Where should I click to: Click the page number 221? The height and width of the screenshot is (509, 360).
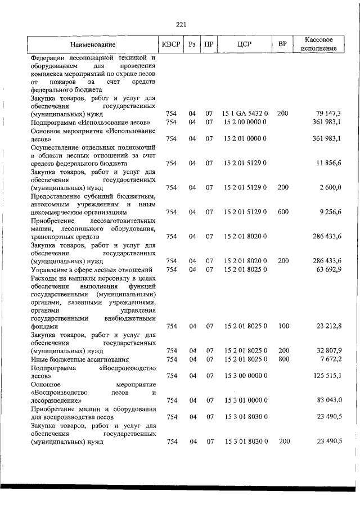pos(180,24)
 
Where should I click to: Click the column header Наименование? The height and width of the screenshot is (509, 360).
pos(93,44)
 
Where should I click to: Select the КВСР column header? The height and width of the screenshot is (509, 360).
pos(171,44)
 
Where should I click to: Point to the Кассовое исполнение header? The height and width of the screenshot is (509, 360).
pos(319,44)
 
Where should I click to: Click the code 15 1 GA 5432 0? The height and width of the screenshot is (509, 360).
pos(245,114)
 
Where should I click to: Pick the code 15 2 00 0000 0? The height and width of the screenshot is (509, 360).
pos(245,122)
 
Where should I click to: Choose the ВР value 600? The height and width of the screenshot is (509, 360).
pos(282,212)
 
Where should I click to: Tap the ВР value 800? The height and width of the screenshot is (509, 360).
pos(282,359)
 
